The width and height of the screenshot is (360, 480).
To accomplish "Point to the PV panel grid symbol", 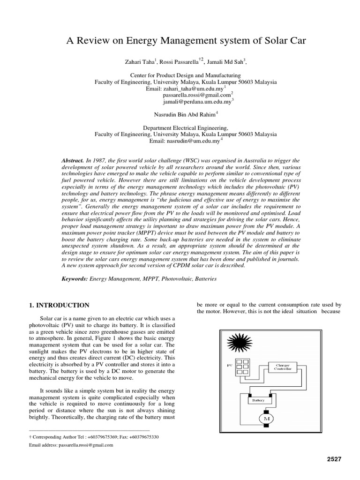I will pyautogui.click(x=242, y=367).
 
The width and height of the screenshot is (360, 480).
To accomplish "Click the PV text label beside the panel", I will pyautogui.click(x=229, y=364).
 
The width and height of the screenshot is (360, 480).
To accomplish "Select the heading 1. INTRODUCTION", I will pyautogui.click(x=59, y=305).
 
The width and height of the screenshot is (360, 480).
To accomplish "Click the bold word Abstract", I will pyautogui.click(x=73, y=160).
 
